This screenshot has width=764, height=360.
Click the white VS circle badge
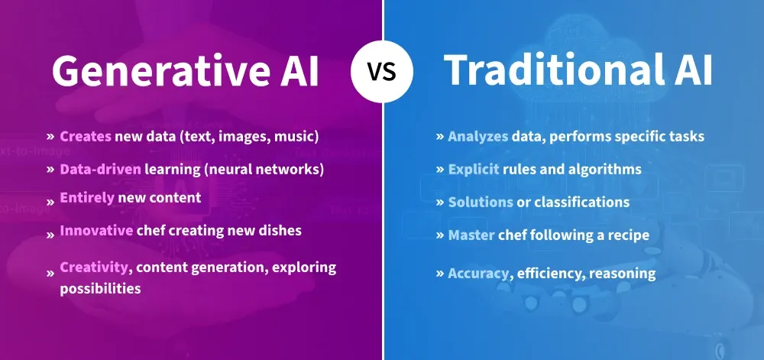381,73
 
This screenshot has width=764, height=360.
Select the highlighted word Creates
86,137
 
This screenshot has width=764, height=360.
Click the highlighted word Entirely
87,198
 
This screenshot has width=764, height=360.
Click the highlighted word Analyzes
477,137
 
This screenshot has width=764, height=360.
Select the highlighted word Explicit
474,169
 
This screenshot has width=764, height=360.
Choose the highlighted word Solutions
481,202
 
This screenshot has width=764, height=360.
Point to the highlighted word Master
471,235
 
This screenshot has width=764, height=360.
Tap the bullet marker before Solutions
440,202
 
